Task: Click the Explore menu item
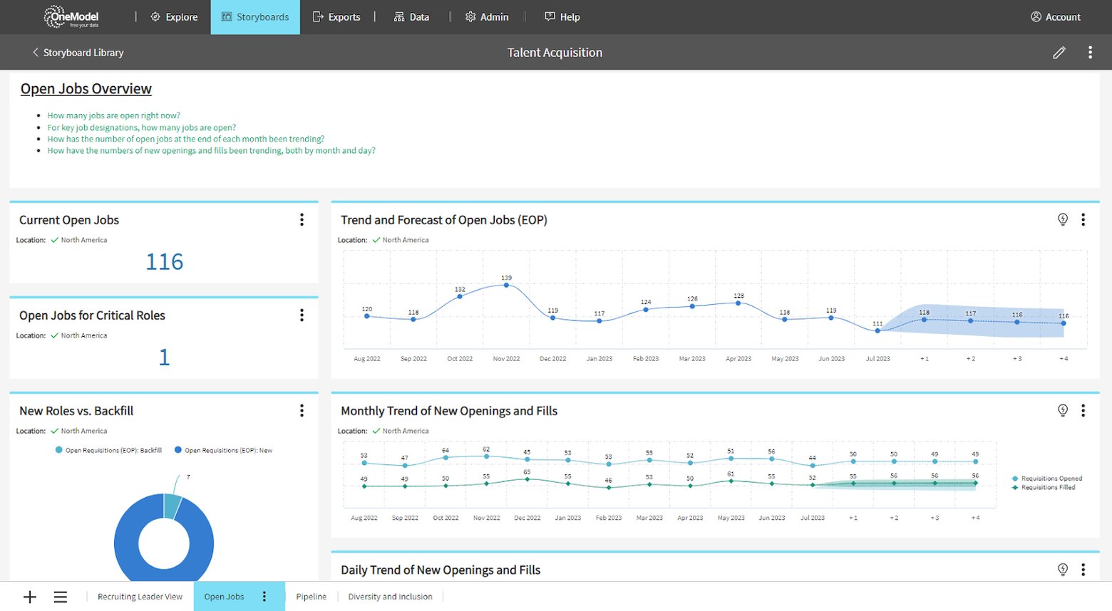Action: point(175,17)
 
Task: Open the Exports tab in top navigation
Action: point(336,17)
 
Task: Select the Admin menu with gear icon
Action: point(487,17)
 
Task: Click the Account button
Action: point(1056,17)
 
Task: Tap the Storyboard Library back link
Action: point(78,53)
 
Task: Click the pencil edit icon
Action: point(1059,53)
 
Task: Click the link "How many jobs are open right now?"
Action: point(114,115)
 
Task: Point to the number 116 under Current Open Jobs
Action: point(165,262)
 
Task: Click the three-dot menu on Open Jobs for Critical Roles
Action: point(302,315)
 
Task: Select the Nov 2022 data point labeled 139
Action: point(507,285)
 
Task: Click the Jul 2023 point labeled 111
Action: point(877,331)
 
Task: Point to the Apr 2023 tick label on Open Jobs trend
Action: point(738,359)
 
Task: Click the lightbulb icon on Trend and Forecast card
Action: point(1063,219)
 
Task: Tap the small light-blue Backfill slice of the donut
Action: point(173,506)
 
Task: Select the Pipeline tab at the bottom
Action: point(312,597)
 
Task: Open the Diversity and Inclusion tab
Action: point(390,597)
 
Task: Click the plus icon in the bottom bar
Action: point(30,597)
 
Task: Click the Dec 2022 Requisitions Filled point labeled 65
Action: point(527,479)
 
